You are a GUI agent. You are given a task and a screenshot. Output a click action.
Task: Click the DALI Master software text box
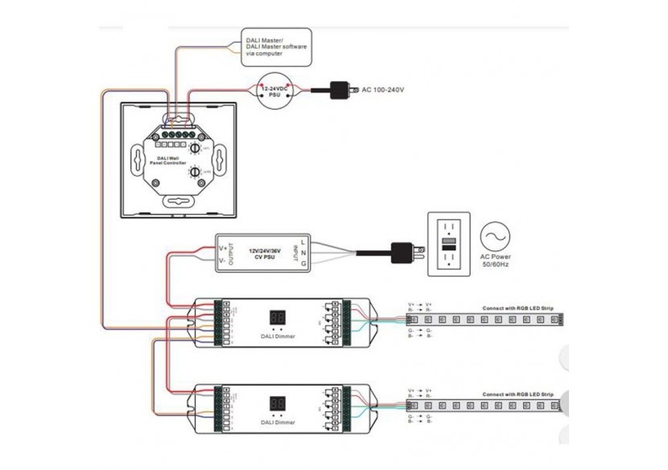click(x=276, y=45)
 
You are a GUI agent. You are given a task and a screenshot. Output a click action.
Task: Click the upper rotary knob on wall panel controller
click(x=195, y=149)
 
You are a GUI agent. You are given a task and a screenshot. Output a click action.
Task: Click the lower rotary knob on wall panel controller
click(x=195, y=171)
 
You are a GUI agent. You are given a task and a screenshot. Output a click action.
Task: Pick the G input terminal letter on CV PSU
click(x=303, y=262)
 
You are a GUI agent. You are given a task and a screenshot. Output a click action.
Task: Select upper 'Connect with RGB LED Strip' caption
click(x=517, y=307)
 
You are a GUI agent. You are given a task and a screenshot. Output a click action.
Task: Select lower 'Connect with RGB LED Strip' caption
click(x=517, y=394)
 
